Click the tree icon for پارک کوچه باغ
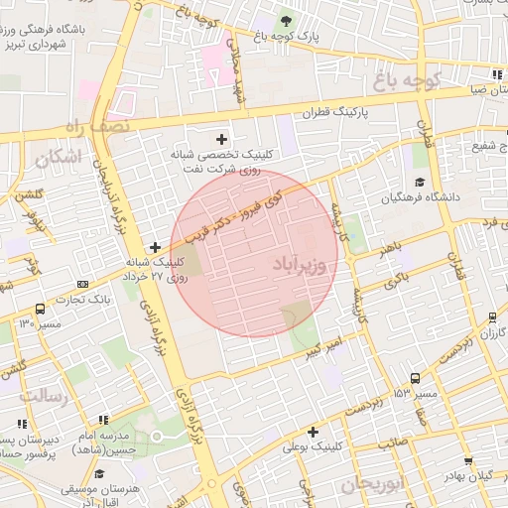pos(287,20)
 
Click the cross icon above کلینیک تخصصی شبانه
pos(220,139)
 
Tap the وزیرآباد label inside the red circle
pos(297,266)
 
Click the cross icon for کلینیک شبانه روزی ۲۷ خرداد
pos(155,246)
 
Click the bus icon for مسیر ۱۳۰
pos(39,309)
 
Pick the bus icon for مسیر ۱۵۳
pos(415,378)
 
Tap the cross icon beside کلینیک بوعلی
pos(314,432)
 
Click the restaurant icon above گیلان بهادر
pos(468,460)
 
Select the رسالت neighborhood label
pos(42,397)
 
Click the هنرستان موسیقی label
pos(100,490)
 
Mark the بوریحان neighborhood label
pos(368,484)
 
